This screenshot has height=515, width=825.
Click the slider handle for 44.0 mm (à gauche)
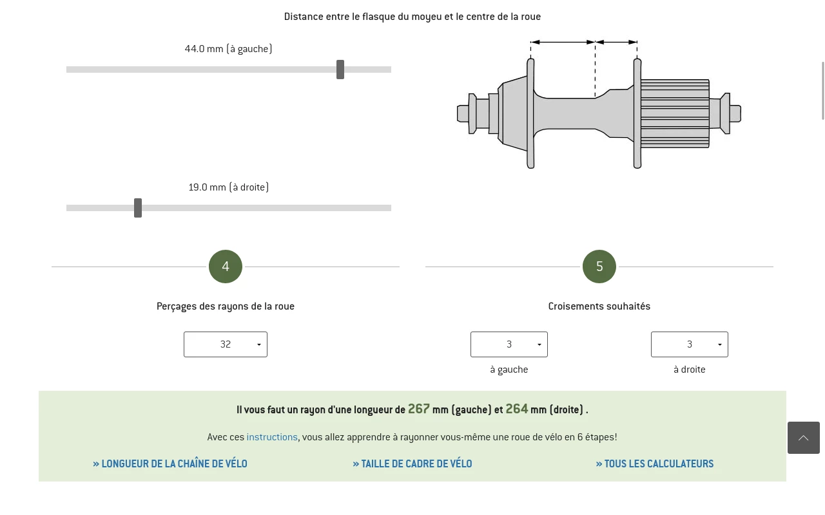point(340,70)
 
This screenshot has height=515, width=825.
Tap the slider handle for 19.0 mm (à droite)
point(138,208)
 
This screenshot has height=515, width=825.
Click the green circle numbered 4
point(226,267)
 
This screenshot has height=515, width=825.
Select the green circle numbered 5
point(599,267)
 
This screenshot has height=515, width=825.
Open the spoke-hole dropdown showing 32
point(226,344)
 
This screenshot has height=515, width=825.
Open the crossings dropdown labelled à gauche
point(509,344)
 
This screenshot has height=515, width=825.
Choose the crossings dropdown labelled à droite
point(690,344)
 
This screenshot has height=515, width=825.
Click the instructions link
point(272,437)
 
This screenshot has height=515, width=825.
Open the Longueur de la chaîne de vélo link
point(170,464)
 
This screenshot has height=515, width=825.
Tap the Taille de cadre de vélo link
point(412,464)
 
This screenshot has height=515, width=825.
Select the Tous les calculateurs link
point(655,464)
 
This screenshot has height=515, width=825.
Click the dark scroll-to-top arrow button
point(804,438)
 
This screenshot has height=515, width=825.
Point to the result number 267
point(419,409)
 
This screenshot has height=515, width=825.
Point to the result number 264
point(517,409)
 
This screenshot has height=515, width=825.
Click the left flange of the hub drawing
point(530,113)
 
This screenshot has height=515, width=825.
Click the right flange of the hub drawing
point(637,113)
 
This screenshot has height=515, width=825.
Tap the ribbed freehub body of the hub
point(675,113)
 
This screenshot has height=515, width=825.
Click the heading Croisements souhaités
point(599,306)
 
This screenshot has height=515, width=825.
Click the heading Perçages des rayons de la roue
point(226,306)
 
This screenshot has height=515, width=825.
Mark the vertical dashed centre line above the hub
point(595,70)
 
